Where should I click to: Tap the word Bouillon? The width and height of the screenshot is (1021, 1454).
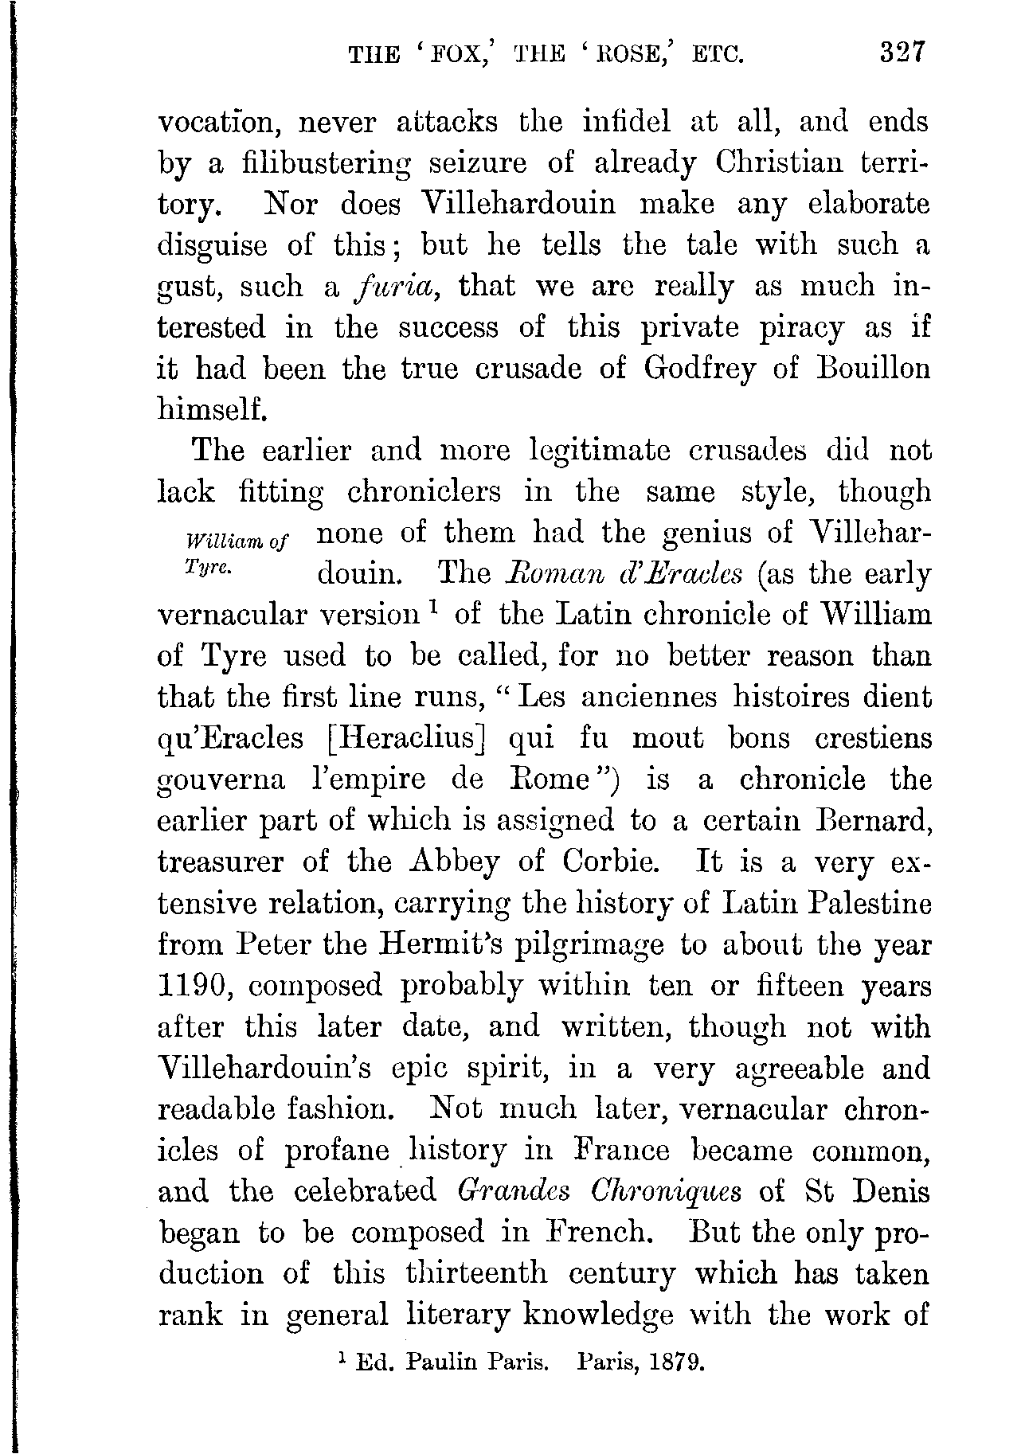point(863,369)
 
